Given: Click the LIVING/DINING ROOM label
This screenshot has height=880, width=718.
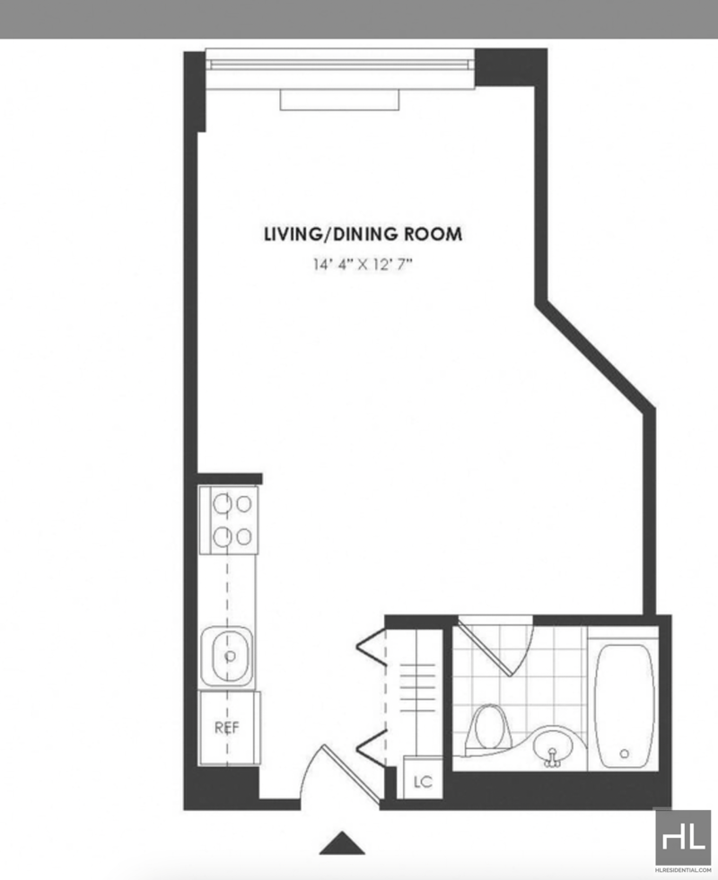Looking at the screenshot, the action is coord(363,234).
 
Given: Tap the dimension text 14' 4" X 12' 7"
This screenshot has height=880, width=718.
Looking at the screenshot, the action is coord(363,265).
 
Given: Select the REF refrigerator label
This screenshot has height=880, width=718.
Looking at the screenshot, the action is coord(227,728).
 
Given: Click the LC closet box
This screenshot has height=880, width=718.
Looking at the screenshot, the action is coord(423,779).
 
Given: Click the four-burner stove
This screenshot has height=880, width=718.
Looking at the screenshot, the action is coord(229,520).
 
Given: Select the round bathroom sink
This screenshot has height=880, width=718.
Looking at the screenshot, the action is coord(552,746).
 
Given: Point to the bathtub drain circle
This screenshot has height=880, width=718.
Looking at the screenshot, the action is coord(625,754).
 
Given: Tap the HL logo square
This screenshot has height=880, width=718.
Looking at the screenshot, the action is coord(683,837).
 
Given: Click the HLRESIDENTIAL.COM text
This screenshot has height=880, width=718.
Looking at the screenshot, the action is coord(683,870).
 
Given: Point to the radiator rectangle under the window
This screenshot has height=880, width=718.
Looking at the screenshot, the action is coord(339,100).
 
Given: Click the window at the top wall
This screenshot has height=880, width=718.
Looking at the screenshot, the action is coord(340,66).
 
